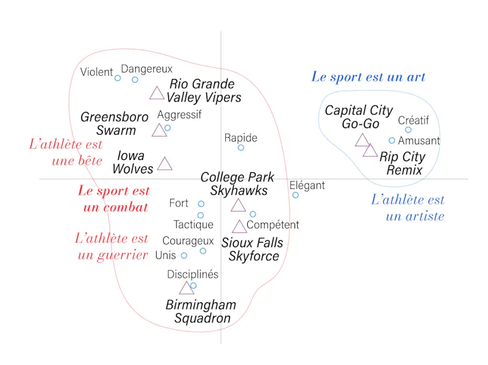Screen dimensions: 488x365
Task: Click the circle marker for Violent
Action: (117, 78)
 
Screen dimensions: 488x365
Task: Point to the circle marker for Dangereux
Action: (135, 80)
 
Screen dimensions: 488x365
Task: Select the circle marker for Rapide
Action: (241, 148)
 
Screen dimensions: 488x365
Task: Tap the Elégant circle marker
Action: (295, 195)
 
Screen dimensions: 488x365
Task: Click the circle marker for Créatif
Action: (408, 130)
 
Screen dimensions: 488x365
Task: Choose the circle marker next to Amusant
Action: (392, 140)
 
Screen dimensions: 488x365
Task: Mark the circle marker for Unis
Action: (184, 256)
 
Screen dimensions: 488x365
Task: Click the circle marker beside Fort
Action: (201, 204)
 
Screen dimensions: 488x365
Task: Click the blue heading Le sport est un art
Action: (368, 77)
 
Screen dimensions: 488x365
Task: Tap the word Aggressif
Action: (179, 115)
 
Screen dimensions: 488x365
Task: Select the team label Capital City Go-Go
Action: (359, 117)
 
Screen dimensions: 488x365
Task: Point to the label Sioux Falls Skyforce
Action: (252, 249)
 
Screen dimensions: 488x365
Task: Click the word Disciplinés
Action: (193, 274)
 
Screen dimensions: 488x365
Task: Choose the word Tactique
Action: (194, 225)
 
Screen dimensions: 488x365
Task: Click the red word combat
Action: (126, 207)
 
